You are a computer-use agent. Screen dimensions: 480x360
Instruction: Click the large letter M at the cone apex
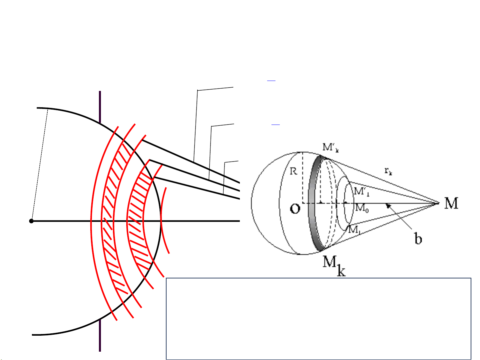pos(451,203)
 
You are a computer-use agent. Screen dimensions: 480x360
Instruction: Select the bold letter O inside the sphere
pos(295,208)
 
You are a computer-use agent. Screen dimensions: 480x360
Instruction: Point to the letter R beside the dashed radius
pos(293,171)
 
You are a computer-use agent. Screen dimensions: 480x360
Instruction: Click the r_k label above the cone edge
pos(388,171)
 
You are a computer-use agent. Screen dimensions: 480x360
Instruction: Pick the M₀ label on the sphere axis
pos(362,208)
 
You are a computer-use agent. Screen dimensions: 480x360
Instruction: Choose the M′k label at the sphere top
pos(331,148)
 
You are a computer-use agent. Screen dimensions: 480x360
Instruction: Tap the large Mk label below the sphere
pos(334,265)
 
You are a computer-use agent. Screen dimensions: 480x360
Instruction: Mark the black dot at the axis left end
pos(31,221)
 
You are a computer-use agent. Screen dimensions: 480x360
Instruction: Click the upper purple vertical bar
pos(100,107)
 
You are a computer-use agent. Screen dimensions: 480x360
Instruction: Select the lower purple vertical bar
pos(100,335)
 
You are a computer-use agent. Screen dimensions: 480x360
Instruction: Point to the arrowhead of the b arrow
pos(388,206)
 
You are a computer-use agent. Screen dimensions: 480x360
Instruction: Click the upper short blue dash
pos(271,81)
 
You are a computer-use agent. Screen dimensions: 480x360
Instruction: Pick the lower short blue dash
pos(275,124)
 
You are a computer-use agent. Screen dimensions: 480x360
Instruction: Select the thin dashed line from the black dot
pos(40,165)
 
